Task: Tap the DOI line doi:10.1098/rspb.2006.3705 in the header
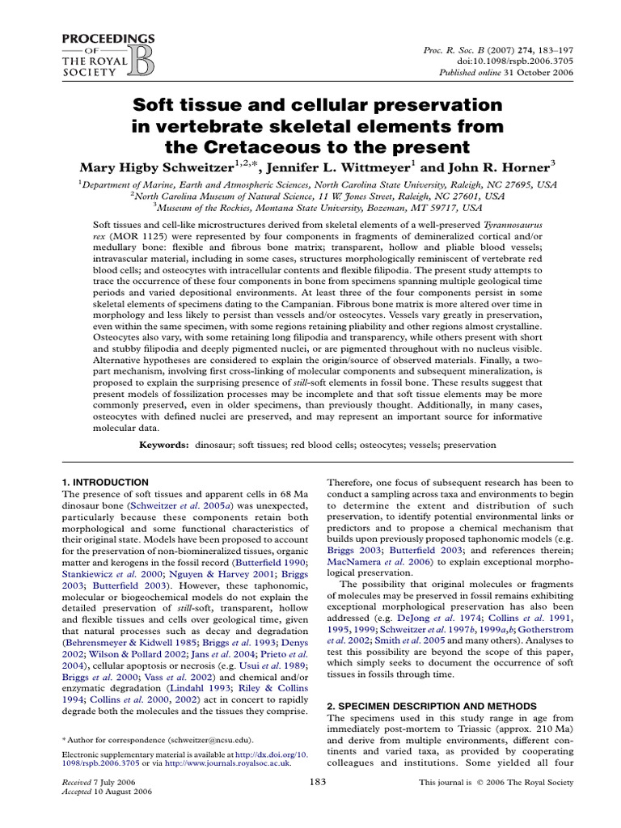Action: point(522,60)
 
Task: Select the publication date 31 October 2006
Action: point(541,72)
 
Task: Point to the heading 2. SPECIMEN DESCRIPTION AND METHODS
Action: point(431,706)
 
